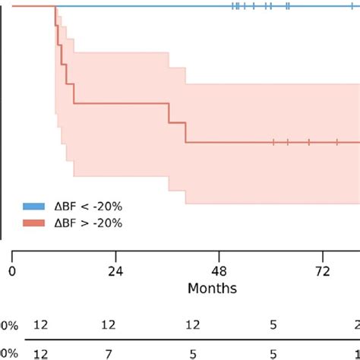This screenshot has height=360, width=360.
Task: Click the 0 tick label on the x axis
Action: (x=12, y=272)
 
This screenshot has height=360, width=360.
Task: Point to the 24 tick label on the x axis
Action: (x=115, y=272)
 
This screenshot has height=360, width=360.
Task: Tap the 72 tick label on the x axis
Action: (x=323, y=272)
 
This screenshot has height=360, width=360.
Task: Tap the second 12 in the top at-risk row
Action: (x=109, y=325)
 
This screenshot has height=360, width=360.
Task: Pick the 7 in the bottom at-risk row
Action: (x=109, y=352)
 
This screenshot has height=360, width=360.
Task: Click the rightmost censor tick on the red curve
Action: (x=336, y=142)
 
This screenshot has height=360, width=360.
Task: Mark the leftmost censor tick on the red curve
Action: (x=273, y=142)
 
